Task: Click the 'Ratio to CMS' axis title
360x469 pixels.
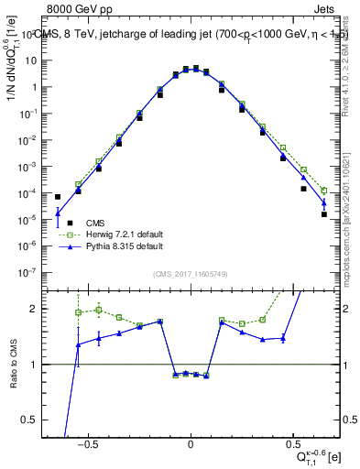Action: [x=14, y=364]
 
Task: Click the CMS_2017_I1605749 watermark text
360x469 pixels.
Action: [x=191, y=275]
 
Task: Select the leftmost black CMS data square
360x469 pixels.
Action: [x=58, y=197]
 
